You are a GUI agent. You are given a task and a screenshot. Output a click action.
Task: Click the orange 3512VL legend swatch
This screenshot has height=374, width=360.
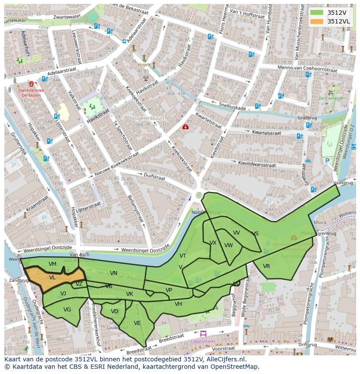(317, 21)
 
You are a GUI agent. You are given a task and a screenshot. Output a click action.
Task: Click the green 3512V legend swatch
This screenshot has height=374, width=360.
(317, 12)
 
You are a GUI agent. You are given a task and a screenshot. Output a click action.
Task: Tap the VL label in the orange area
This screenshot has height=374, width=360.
(52, 278)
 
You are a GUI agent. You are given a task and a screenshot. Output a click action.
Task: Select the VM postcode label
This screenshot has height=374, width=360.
(53, 264)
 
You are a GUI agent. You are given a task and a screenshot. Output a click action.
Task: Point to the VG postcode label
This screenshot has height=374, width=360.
(67, 310)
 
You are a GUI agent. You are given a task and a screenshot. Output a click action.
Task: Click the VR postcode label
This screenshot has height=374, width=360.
(267, 266)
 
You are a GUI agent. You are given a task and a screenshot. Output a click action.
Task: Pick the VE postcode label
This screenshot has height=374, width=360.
(137, 323)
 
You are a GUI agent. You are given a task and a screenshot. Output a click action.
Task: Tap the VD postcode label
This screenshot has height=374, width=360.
(114, 311)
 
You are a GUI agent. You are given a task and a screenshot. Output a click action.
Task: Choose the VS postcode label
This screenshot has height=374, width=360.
(255, 234)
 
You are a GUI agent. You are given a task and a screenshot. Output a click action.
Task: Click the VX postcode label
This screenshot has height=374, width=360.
(213, 243)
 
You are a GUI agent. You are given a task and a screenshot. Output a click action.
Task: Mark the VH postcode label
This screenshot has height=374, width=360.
(178, 304)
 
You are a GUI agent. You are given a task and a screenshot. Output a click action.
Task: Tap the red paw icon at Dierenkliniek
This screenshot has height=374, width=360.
(31, 83)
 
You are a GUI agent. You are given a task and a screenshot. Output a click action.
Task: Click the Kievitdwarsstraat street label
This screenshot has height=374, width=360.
(257, 164)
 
